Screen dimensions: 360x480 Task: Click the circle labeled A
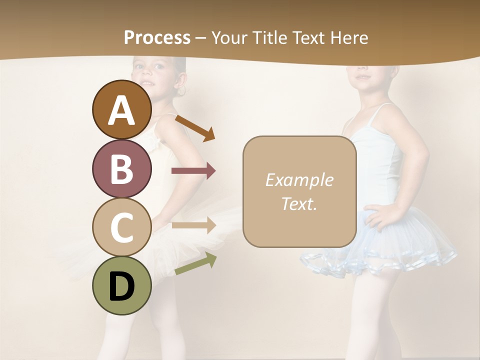[122, 109]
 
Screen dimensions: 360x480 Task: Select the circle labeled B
[122, 168]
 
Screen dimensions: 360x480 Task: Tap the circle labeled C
[122, 226]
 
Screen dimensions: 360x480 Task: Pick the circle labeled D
[122, 285]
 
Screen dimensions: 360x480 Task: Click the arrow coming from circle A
[195, 127]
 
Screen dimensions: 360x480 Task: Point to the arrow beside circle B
[193, 171]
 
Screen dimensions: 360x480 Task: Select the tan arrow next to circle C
[193, 225]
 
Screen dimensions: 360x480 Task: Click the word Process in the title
[157, 37]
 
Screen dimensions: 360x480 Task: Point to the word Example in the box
[299, 180]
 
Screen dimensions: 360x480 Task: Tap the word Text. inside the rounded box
[299, 203]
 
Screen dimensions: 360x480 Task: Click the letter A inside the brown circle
[122, 110]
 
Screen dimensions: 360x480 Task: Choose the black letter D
[122, 287]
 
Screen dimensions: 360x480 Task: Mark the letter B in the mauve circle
[122, 169]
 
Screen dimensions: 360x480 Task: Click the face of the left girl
[155, 72]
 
